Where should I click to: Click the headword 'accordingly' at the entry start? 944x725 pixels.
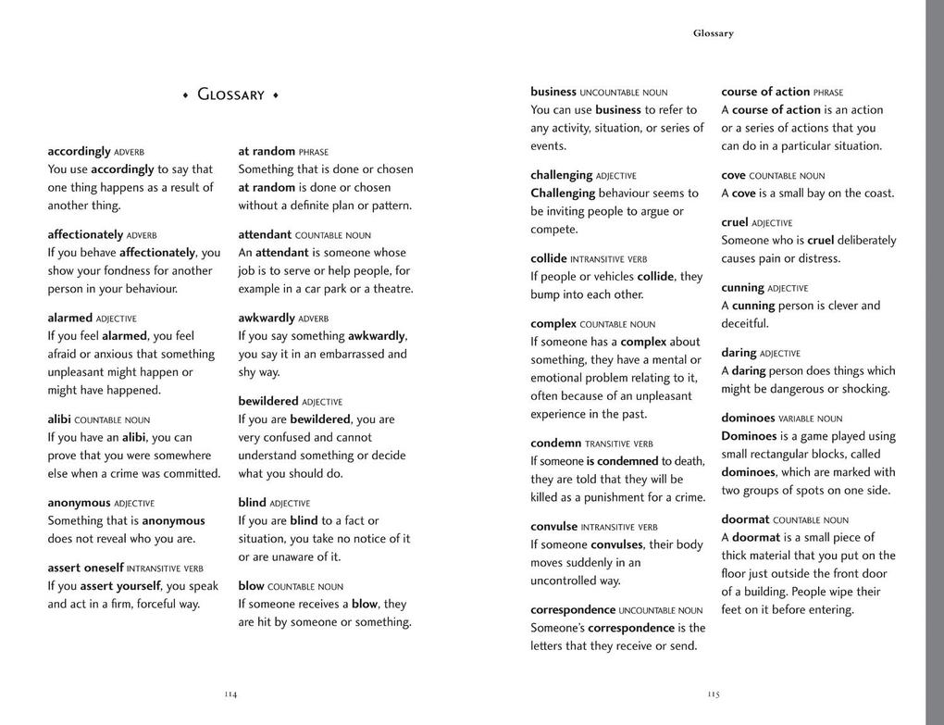point(79,151)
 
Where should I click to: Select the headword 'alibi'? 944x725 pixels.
point(59,419)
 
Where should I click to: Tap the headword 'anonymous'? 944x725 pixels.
point(79,503)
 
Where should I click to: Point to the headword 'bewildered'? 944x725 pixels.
point(268,402)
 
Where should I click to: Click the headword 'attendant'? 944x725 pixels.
point(265,235)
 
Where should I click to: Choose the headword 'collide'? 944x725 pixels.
point(549,259)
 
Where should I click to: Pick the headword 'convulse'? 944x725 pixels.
point(553,527)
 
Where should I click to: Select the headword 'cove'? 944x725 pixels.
point(734,175)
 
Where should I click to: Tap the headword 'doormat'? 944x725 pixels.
point(745,519)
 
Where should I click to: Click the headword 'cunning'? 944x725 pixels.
point(742,288)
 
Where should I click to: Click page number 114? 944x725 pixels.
point(230,694)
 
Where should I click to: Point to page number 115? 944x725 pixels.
point(713,694)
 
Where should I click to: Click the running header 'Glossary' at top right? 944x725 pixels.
point(713,33)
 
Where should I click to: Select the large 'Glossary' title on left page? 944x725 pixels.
point(230,94)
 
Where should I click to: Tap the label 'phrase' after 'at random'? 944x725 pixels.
point(314,152)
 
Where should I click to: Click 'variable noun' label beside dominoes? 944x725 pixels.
point(811,419)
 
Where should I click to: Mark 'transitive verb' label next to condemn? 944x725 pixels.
point(619,444)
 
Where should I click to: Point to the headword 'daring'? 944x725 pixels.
point(739,353)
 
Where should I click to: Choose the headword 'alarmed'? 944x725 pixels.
point(70,318)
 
